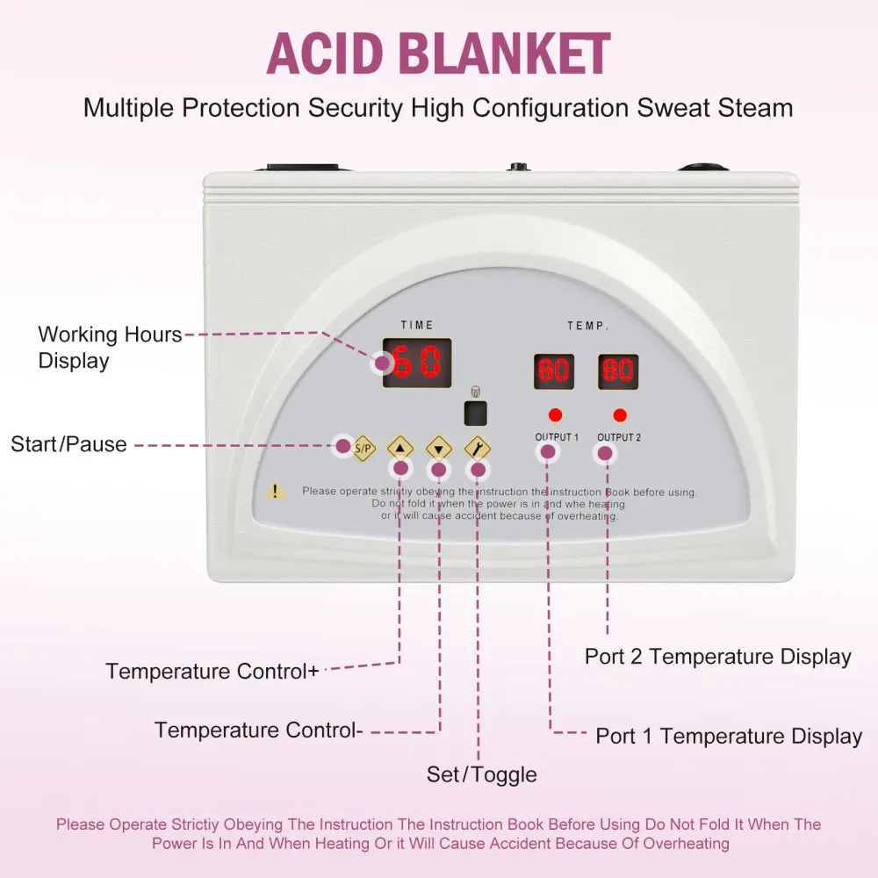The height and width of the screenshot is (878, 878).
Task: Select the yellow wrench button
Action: (477, 448)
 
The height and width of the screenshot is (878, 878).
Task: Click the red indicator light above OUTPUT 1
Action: (555, 414)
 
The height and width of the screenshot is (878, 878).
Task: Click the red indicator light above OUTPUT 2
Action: (620, 414)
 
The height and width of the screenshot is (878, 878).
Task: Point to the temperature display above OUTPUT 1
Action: (554, 371)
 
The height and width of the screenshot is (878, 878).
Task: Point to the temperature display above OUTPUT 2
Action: (618, 371)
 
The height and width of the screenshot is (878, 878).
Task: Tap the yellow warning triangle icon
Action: (277, 492)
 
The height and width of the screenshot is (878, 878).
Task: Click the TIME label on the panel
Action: (417, 325)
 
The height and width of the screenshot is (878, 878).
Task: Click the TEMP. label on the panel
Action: (587, 326)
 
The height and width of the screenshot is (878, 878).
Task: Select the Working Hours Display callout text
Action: (110, 348)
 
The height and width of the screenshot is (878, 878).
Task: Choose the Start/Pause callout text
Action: (68, 444)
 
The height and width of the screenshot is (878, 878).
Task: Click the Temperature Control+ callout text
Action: (212, 672)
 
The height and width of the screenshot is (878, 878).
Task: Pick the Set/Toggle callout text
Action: (481, 774)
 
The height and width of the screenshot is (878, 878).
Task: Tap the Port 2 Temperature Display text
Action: (717, 657)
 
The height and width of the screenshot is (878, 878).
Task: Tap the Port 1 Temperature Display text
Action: (729, 736)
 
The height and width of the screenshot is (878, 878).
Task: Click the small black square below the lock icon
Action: (476, 413)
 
